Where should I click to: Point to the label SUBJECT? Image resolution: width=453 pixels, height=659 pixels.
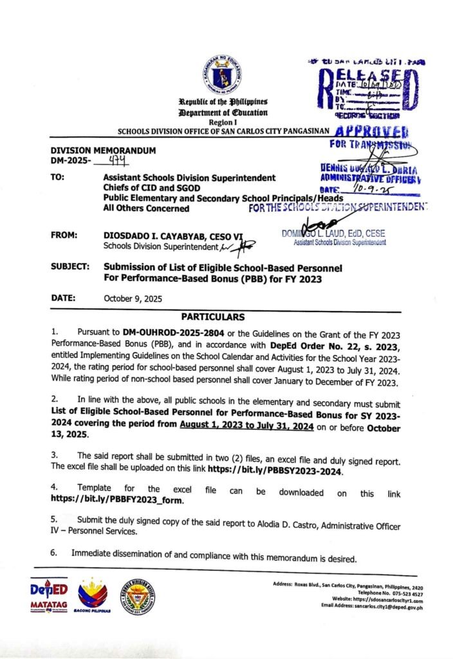(70, 266)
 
